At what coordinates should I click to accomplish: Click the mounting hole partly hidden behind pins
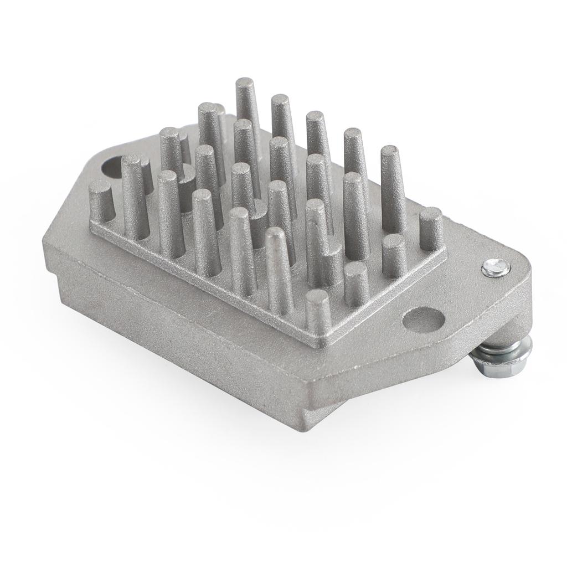tap(113, 166)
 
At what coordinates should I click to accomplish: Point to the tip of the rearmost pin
tap(244, 84)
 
